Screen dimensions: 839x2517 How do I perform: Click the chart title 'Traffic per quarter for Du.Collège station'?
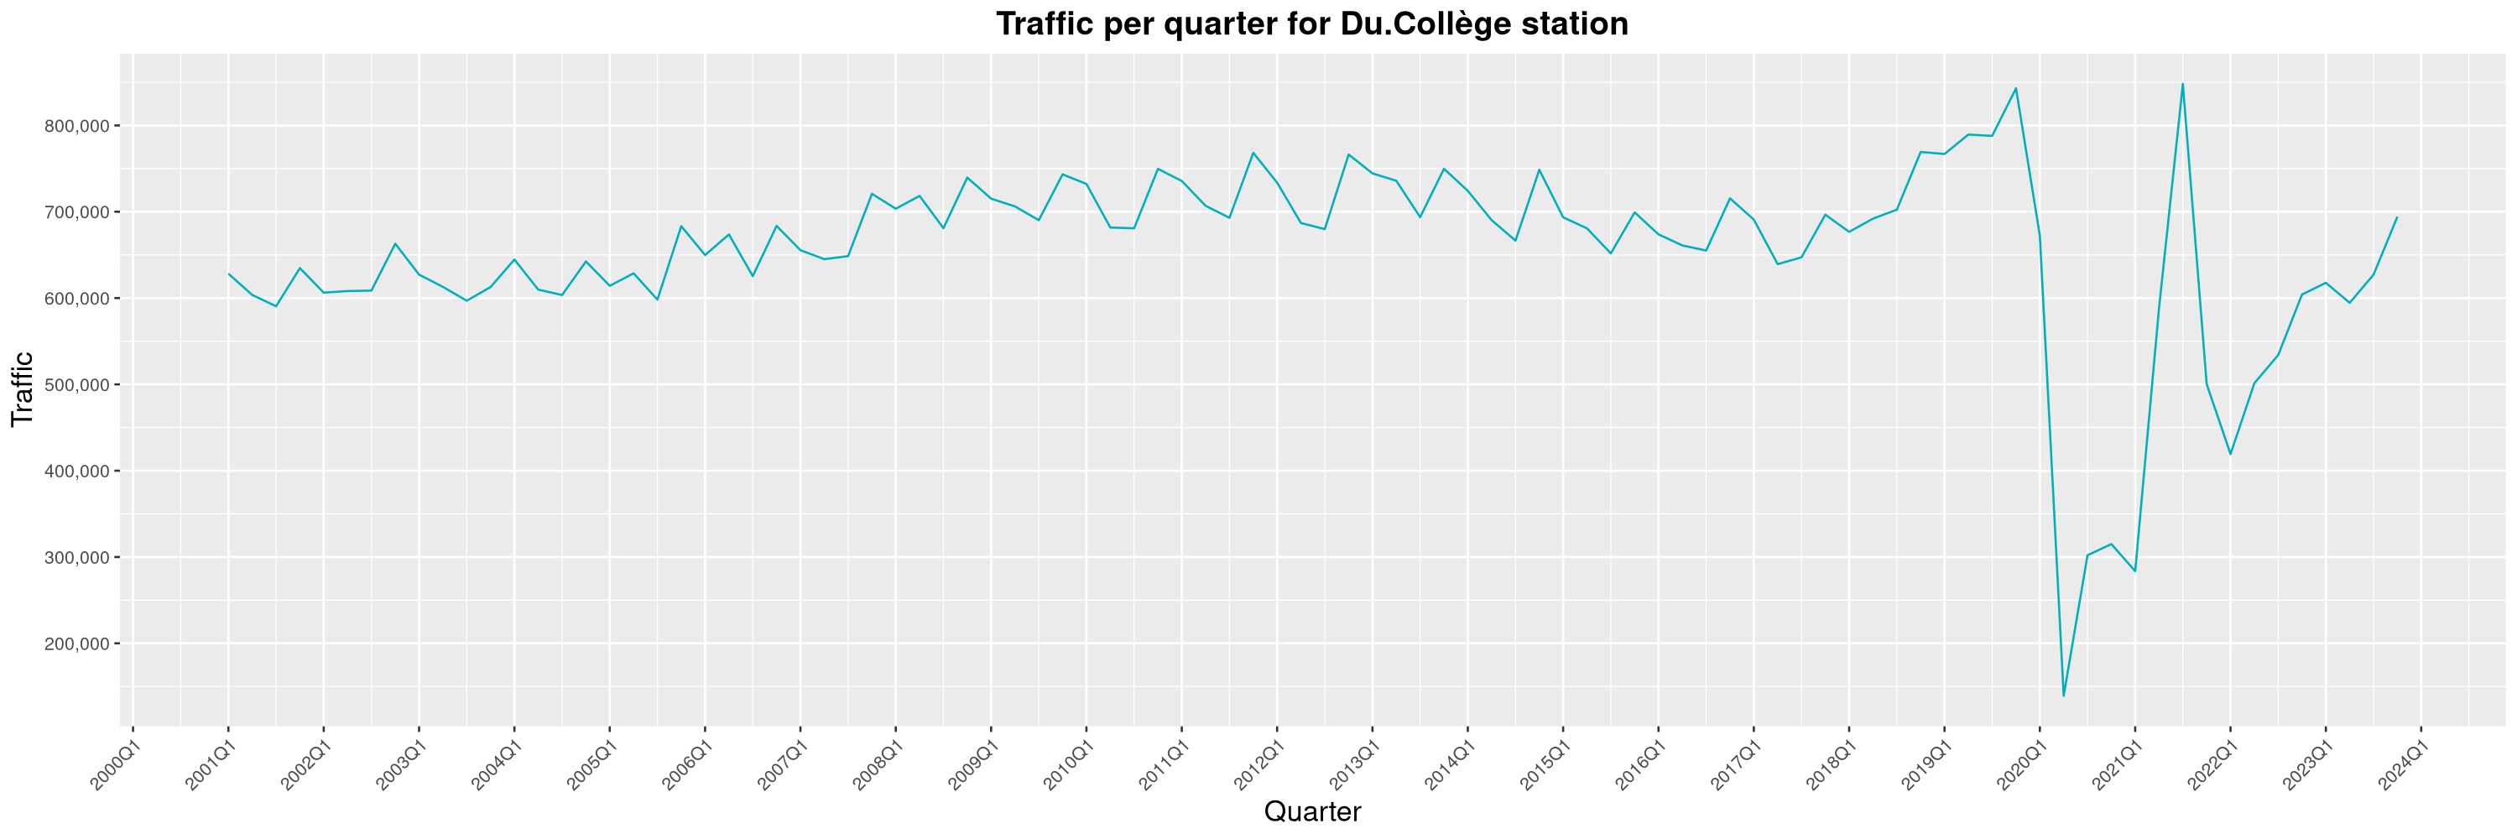coord(1311,23)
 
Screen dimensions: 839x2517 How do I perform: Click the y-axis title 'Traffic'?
coord(22,388)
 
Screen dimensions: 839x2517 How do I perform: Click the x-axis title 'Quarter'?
coord(1311,811)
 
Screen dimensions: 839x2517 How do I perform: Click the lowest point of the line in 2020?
coord(2064,696)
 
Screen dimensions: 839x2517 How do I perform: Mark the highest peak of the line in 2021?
coord(2183,84)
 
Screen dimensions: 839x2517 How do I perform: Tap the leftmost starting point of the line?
coord(229,274)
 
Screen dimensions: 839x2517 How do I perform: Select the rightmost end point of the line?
coord(2397,218)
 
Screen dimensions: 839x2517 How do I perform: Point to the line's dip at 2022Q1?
coord(2230,454)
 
